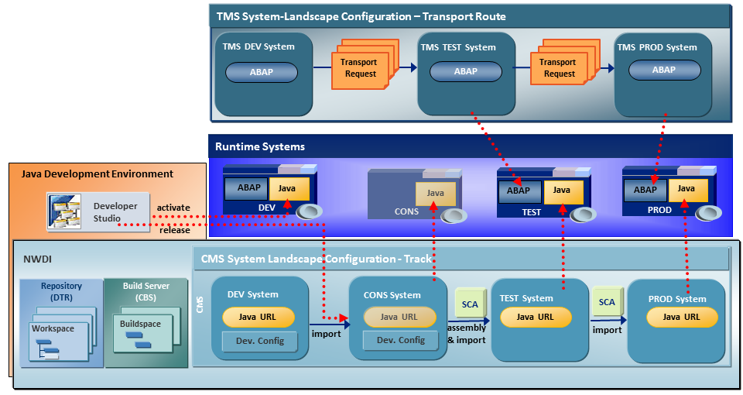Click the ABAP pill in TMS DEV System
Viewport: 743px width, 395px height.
click(261, 72)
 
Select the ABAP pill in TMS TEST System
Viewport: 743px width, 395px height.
click(466, 71)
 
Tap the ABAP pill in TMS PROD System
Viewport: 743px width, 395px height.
click(663, 70)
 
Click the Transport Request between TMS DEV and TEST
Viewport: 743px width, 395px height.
click(361, 68)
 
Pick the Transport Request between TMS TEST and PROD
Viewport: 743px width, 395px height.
click(559, 68)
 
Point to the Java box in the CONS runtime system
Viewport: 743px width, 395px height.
click(435, 193)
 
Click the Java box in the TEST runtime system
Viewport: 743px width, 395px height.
click(562, 191)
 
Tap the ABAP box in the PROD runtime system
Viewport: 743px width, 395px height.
click(645, 190)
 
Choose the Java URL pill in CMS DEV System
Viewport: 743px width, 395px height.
click(259, 317)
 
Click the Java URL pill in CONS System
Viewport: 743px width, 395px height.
click(399, 317)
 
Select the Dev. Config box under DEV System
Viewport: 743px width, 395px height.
click(259, 341)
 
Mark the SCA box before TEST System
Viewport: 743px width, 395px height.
click(470, 304)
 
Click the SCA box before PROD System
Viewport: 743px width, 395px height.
click(607, 303)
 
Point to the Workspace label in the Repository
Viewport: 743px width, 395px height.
click(53, 328)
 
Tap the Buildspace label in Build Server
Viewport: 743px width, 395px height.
click(141, 324)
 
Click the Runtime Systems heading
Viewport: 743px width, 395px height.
click(260, 146)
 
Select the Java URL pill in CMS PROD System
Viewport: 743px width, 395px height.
click(682, 317)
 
